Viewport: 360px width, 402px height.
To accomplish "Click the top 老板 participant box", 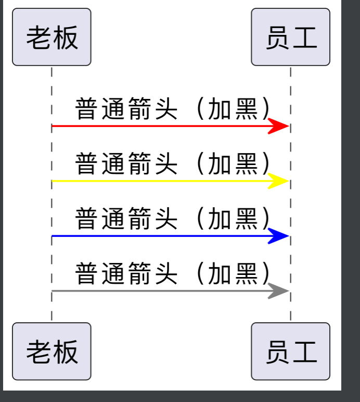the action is [52, 37].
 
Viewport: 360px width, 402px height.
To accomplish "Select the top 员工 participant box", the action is [290, 37].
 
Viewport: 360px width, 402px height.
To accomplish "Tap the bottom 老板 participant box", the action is [52, 351].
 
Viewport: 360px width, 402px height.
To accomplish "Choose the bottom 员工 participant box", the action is [290, 351].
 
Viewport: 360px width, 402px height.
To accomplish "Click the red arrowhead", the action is [279, 126].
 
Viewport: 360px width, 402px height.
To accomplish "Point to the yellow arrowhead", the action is [279, 181].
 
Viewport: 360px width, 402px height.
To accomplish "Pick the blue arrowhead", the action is [279, 236].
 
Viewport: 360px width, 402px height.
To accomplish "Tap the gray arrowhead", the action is [279, 291].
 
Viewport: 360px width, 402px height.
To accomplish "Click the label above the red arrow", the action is [173, 109].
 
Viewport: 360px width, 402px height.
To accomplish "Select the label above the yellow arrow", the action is [173, 164].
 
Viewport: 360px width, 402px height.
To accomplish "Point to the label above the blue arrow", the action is [173, 219].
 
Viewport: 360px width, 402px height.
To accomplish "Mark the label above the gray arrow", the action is [173, 274].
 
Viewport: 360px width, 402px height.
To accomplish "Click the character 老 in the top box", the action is [39, 37].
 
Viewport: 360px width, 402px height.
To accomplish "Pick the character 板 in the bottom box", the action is [65, 352].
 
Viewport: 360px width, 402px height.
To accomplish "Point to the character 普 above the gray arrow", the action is [88, 274].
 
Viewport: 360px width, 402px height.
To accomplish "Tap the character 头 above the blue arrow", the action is [166, 219].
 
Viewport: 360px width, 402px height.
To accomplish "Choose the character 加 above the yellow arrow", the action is [220, 164].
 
